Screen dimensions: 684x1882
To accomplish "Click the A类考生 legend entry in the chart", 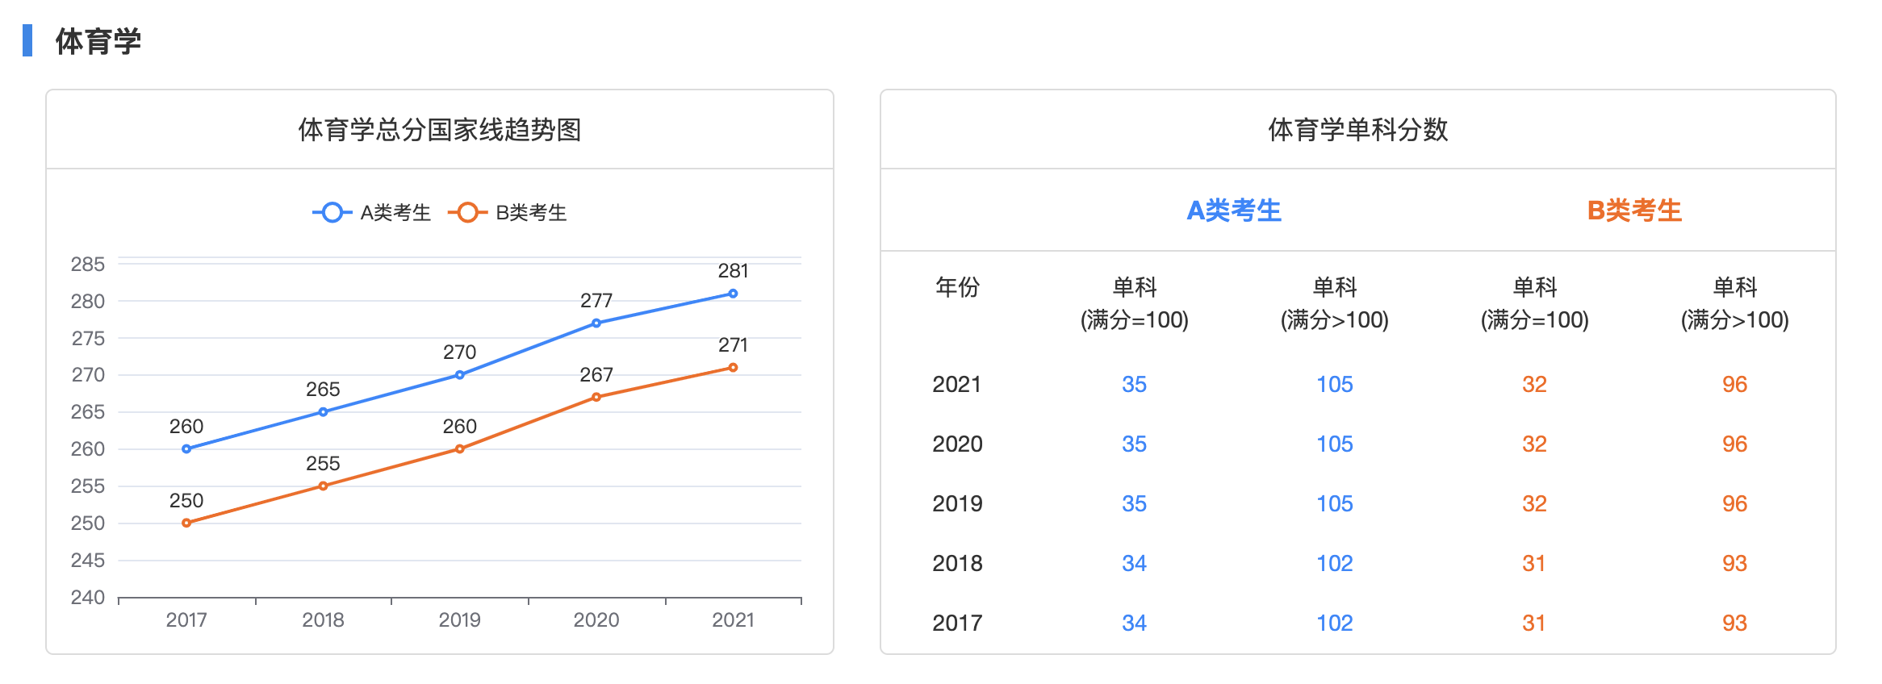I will [x=373, y=213].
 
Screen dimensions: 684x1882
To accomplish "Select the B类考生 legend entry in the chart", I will [x=508, y=213].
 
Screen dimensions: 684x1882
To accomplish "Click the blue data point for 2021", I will [x=733, y=294].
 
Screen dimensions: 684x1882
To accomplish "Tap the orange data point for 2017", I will [x=186, y=523].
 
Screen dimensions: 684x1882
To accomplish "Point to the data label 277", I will [x=596, y=301].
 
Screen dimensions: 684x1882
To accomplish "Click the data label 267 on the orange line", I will [x=596, y=375].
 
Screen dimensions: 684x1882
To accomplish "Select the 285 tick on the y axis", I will [x=88, y=265].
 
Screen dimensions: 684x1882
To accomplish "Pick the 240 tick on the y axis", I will [x=88, y=598].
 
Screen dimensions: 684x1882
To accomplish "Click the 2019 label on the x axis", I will [x=459, y=620].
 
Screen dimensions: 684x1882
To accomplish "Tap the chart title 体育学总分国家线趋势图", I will [x=440, y=130].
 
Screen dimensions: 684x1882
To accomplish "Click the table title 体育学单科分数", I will [x=1358, y=130].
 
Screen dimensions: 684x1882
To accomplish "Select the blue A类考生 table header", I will [x=1234, y=211].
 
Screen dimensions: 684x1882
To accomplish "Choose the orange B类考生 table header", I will [x=1634, y=211].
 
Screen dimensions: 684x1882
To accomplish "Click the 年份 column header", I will [x=957, y=287].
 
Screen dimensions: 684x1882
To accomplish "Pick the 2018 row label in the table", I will [x=957, y=563].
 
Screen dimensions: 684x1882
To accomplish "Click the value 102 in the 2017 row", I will [x=1335, y=623].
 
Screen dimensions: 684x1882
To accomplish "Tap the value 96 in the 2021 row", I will [x=1734, y=384].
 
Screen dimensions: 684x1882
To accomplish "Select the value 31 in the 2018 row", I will [x=1534, y=563].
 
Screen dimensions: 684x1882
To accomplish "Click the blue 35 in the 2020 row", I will [x=1134, y=444].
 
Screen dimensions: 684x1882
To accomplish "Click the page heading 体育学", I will [x=98, y=41].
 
